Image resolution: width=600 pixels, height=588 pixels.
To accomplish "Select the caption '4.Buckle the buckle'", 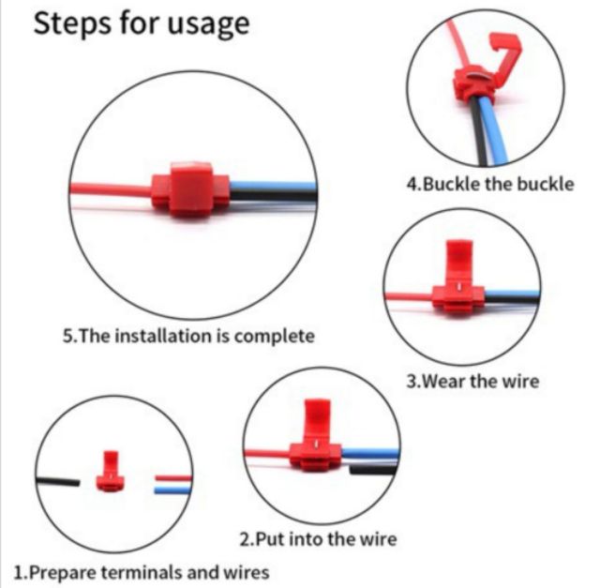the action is pyautogui.click(x=490, y=184).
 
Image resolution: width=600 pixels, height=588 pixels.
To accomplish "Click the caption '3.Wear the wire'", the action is pyautogui.click(x=472, y=381).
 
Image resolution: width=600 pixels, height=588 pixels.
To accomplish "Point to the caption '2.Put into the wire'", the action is pyautogui.click(x=318, y=539).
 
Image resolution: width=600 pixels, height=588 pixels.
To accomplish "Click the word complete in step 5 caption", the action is pyautogui.click(x=274, y=336).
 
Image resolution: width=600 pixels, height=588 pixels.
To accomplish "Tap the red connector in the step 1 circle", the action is pyautogui.click(x=111, y=471).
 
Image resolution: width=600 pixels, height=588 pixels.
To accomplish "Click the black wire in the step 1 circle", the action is pyautogui.click(x=57, y=481).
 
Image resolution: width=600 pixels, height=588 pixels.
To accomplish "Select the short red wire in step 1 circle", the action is pyautogui.click(x=172, y=478).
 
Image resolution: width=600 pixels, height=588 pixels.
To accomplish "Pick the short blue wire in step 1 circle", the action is pyautogui.click(x=172, y=490).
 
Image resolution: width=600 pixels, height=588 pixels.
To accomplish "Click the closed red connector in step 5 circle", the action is pyautogui.click(x=190, y=189).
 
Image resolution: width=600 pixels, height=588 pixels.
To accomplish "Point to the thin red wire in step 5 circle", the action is pyautogui.click(x=111, y=189).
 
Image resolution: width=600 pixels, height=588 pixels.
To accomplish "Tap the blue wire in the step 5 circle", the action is pyautogui.click(x=273, y=187).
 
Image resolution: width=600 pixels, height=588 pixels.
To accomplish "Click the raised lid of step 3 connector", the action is pyautogui.click(x=459, y=263).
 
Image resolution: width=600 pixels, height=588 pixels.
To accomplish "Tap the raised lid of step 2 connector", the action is pyautogui.click(x=317, y=421).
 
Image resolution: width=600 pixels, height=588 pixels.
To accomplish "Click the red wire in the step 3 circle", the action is pyautogui.click(x=409, y=297).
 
